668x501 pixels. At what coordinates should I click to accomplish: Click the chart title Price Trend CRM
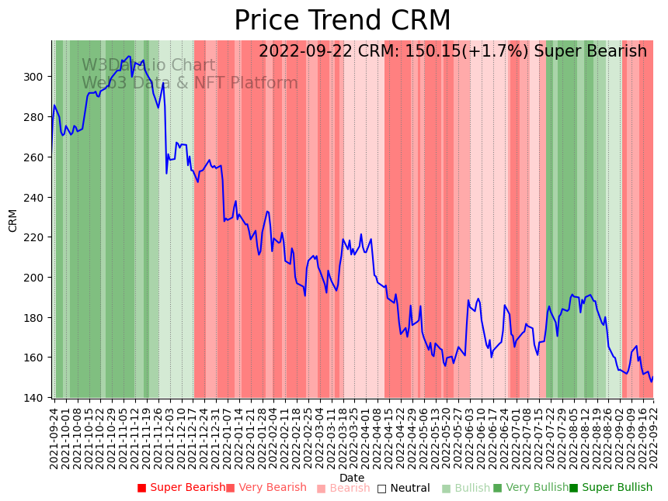[342, 21]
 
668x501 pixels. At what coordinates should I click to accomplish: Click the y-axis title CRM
[13, 220]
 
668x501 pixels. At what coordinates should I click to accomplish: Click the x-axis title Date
[352, 478]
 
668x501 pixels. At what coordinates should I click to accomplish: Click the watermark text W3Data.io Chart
[148, 65]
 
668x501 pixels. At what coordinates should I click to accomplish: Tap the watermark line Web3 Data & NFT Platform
[190, 83]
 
